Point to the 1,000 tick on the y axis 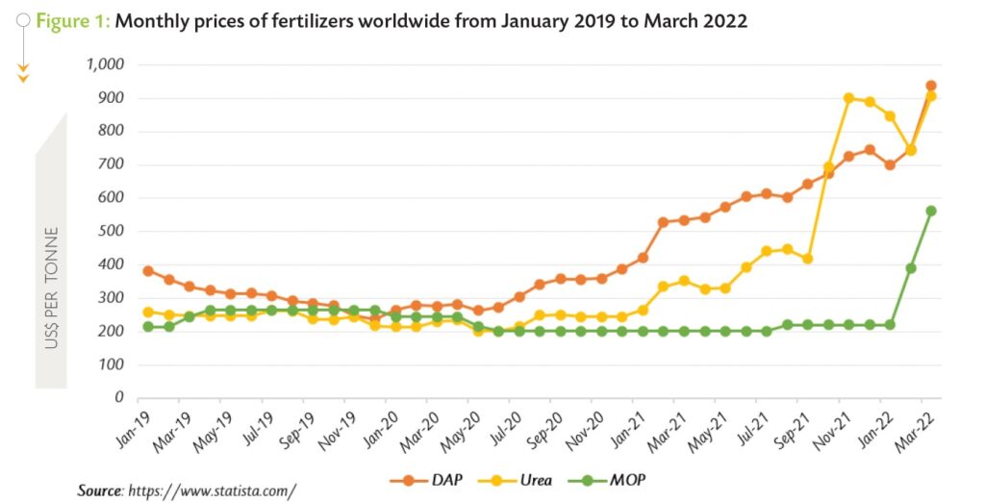tap(107, 64)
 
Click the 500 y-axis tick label tap(114, 231)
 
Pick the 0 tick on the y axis tap(120, 397)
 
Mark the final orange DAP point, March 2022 tap(931, 86)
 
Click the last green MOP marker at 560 tap(931, 211)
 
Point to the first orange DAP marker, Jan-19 tap(148, 271)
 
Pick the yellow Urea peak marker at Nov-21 tap(848, 98)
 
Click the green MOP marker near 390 tap(911, 268)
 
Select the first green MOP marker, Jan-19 tap(148, 327)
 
